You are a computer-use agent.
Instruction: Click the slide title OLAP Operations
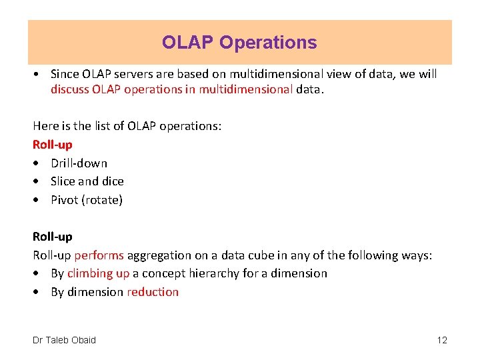pos(239,43)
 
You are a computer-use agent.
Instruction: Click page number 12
pos(442,340)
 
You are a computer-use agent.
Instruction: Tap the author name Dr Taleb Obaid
pos(64,340)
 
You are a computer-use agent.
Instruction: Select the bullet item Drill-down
pos(79,163)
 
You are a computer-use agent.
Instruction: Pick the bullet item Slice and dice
pos(87,181)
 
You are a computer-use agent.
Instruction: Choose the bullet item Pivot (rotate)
pos(87,199)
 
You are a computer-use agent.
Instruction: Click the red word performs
pos(99,255)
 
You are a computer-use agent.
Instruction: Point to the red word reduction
pos(153,291)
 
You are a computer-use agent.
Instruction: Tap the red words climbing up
pos(98,273)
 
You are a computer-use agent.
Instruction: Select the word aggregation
pos(157,255)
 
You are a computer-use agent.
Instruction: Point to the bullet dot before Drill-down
pos(36,163)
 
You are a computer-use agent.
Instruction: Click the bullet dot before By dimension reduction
pos(36,292)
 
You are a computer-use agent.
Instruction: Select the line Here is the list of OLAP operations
pos(127,125)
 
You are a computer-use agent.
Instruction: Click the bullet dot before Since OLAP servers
pos(36,74)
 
